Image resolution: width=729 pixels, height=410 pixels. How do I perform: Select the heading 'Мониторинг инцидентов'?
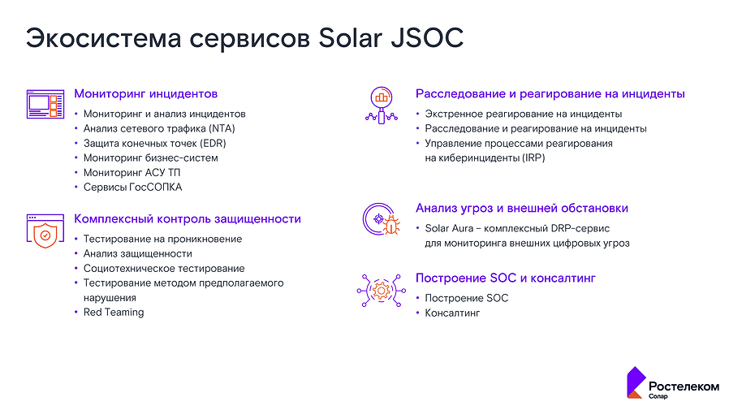click(x=146, y=94)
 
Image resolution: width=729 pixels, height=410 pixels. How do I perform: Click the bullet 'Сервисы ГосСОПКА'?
click(x=133, y=188)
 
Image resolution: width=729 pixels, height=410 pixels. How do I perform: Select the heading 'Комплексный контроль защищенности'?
click(x=188, y=219)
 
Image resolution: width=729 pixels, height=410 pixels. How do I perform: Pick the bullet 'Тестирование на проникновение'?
click(x=162, y=240)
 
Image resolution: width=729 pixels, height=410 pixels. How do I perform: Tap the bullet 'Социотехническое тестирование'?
click(x=164, y=269)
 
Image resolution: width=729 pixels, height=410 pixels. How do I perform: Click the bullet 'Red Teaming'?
click(x=114, y=313)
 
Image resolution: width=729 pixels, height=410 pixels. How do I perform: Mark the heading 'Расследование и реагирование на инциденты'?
click(x=550, y=94)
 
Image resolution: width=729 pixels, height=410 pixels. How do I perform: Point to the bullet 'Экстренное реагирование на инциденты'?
click(x=524, y=114)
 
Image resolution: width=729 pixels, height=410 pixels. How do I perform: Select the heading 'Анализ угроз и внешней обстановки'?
click(x=522, y=209)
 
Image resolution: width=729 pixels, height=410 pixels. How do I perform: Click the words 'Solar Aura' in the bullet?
click(x=449, y=229)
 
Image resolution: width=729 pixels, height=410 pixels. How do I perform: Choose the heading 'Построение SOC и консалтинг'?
click(x=506, y=278)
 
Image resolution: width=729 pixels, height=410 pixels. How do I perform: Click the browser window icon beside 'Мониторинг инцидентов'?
click(x=45, y=103)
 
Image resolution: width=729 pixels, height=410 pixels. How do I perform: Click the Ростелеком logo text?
click(x=683, y=386)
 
